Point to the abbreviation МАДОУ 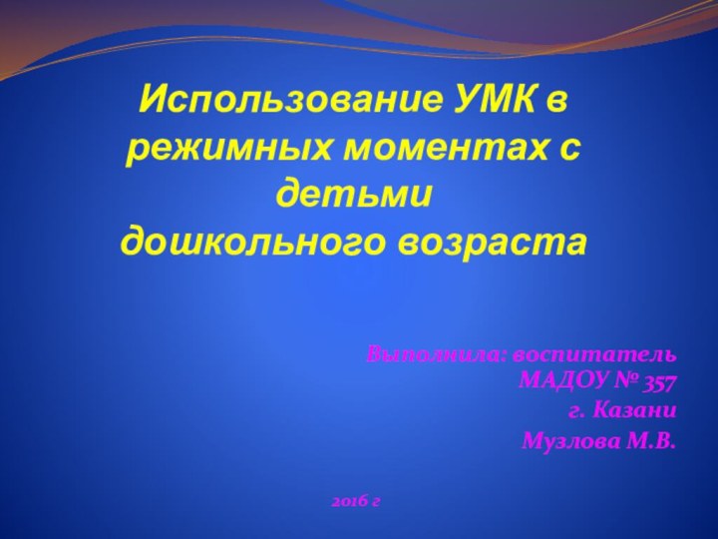[x=563, y=381]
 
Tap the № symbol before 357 [x=626, y=381]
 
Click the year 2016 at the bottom [x=348, y=497]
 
